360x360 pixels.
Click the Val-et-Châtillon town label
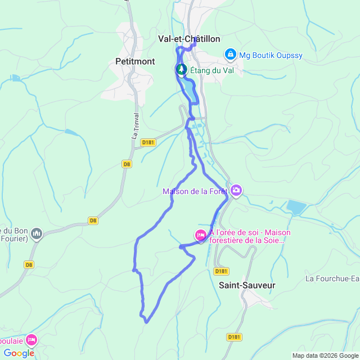coord(189,39)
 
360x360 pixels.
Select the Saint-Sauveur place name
coord(247,285)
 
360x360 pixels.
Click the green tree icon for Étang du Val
coord(181,69)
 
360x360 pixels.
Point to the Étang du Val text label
coord(211,70)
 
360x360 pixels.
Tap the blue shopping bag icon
coord(230,55)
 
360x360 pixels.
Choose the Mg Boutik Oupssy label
coord(271,55)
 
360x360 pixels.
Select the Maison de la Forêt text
coord(195,191)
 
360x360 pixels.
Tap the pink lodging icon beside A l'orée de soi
coord(201,235)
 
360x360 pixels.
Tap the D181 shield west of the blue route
coord(148,142)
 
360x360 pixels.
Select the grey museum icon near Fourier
coord(37,233)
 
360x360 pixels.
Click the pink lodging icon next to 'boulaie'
coord(31,340)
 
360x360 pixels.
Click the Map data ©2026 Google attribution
coord(325,355)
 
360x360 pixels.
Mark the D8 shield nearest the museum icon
coord(29,264)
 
